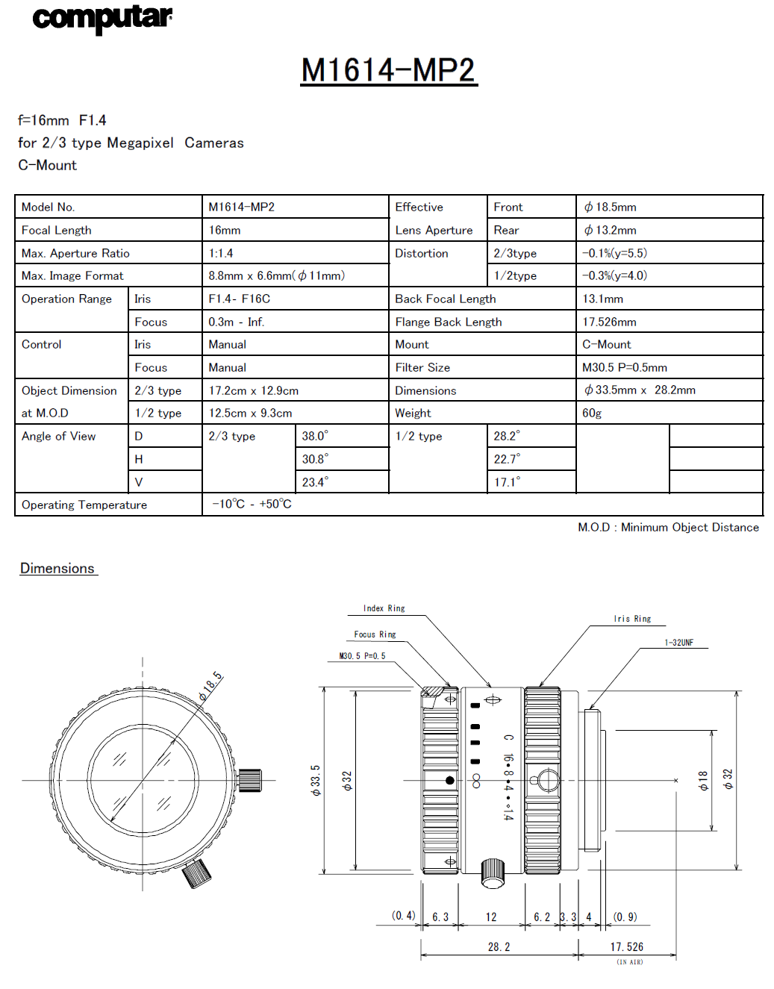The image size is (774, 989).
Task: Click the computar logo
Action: [102, 18]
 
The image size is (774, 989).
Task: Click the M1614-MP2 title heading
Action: [388, 70]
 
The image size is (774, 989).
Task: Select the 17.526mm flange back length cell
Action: [609, 322]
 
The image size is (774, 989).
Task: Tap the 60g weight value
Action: [592, 413]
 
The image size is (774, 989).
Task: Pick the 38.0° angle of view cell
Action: [315, 436]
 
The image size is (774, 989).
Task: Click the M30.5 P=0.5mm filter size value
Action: [625, 367]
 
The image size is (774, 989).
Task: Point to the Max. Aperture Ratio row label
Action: [75, 253]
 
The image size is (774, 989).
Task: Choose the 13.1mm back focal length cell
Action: [602, 299]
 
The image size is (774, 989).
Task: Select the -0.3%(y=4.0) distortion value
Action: [614, 275]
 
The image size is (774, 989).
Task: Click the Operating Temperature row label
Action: [84, 505]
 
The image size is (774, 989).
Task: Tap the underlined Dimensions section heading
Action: [57, 568]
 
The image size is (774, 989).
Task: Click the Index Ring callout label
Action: [384, 608]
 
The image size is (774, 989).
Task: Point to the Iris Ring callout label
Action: [632, 619]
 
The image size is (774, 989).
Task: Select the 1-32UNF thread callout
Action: [678, 643]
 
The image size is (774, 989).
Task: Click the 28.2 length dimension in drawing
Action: [499, 946]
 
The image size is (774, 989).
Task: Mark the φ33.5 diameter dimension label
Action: [315, 780]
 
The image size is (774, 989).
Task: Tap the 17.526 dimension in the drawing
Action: [626, 946]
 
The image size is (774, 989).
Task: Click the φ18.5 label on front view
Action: [210, 686]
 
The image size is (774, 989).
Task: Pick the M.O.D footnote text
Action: [668, 527]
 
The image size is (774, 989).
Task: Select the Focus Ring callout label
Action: [375, 634]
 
